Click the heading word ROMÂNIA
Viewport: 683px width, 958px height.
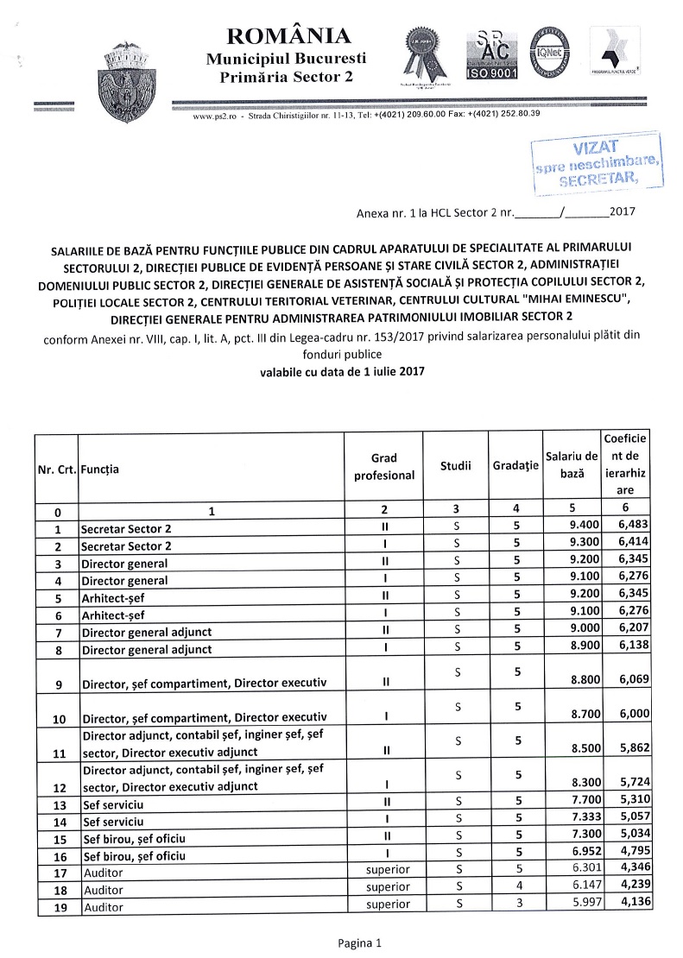tap(288, 36)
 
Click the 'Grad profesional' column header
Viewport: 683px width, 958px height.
tap(384, 467)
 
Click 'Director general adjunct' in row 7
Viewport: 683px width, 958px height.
tap(146, 632)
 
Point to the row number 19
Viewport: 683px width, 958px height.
tap(57, 907)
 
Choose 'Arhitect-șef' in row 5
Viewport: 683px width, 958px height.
tap(112, 597)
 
